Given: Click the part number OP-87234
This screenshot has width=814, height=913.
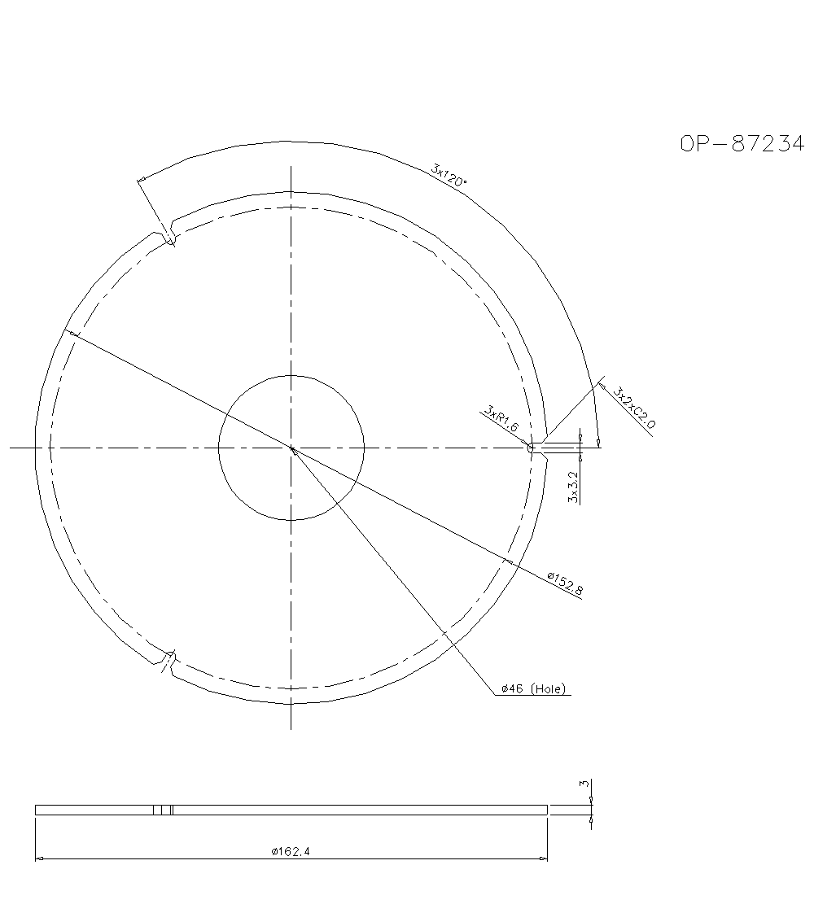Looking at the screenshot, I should (742, 144).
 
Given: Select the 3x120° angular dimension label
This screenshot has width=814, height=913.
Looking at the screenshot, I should (449, 175).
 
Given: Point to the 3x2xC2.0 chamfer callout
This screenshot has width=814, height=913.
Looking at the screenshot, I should (635, 408).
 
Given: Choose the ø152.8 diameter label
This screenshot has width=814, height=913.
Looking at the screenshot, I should (564, 584).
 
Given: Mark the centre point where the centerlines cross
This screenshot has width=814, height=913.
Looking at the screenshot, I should (291, 448).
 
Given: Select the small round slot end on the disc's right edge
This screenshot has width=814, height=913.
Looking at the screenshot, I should (532, 448).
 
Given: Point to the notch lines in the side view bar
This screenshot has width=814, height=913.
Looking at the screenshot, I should (164, 810).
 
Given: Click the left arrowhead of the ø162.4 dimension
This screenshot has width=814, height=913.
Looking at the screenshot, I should (37, 858).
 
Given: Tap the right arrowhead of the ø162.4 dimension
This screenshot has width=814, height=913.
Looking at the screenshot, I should (545, 858).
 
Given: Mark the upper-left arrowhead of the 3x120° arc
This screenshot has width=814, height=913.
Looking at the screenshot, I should (142, 179).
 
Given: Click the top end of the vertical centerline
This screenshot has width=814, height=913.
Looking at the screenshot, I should (291, 166).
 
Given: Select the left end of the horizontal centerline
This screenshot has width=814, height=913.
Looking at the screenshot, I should (11, 448).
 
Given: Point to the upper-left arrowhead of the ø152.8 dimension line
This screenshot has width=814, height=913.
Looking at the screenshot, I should (72, 333).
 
